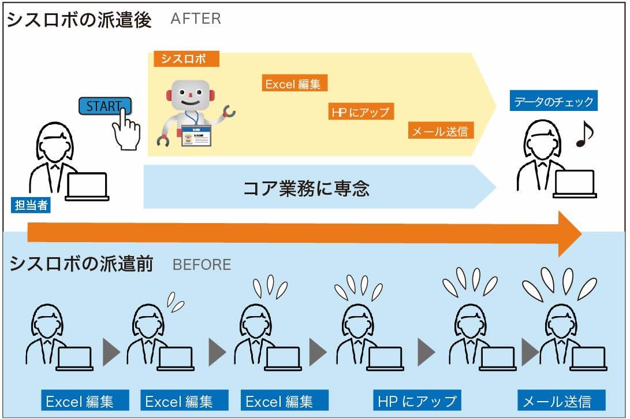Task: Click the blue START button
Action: tap(105, 106)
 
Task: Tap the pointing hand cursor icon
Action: tap(126, 130)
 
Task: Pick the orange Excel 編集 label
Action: tap(294, 84)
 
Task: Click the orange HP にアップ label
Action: tap(360, 112)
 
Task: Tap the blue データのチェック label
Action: tap(553, 102)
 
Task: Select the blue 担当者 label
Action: tap(31, 205)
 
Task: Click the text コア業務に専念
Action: tap(306, 188)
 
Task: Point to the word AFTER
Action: tap(196, 18)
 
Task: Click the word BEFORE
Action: tap(202, 265)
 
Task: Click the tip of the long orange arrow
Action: tap(579, 233)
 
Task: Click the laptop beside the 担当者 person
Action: tap(87, 187)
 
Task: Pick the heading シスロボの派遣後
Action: tap(79, 20)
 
